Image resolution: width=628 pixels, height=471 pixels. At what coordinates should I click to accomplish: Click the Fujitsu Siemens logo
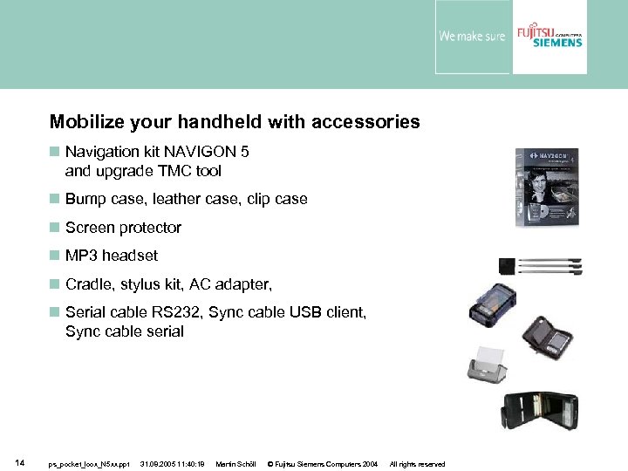[549, 37]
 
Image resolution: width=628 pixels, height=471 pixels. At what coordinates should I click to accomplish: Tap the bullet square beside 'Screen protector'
[54, 228]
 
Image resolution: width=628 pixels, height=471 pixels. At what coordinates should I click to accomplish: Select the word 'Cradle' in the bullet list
[88, 284]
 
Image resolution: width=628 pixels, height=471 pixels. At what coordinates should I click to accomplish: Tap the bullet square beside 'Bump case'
[54, 199]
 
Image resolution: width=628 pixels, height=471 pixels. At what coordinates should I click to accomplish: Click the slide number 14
[19, 463]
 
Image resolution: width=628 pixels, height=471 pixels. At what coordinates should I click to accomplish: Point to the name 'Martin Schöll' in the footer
[235, 464]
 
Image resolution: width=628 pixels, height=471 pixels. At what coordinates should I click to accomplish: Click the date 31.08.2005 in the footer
[173, 464]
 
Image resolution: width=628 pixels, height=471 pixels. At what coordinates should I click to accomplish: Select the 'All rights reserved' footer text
[417, 464]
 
